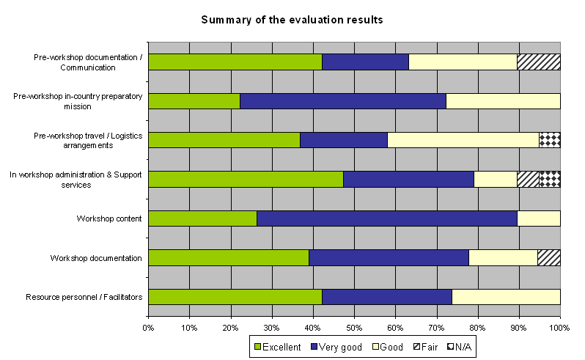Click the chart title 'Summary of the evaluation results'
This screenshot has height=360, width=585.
click(x=292, y=19)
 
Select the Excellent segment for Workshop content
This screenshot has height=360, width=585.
click(x=202, y=218)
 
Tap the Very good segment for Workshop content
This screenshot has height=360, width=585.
click(x=387, y=218)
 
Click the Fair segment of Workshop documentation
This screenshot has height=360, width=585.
click(x=549, y=257)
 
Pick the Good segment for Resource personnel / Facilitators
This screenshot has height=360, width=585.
click(x=506, y=296)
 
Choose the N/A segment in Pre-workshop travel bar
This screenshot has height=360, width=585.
click(x=550, y=140)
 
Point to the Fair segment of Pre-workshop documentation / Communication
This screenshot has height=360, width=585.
click(x=539, y=62)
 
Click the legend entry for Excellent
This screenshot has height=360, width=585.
click(x=277, y=347)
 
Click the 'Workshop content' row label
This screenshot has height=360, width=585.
click(x=109, y=218)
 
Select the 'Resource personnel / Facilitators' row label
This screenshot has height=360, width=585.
click(x=84, y=296)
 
